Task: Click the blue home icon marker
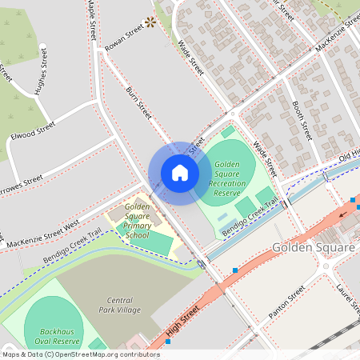[180, 173]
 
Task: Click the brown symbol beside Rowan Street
[150, 24]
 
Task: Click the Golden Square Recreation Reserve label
[226, 178]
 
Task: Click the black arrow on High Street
[344, 214]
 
